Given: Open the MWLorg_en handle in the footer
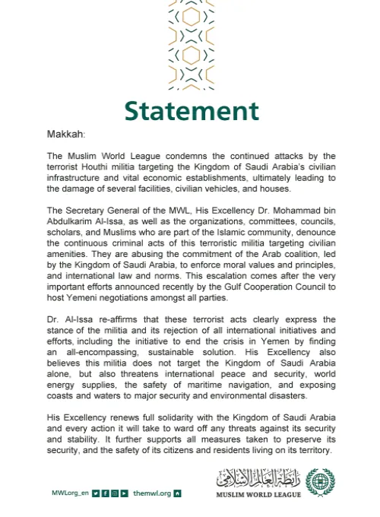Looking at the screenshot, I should (x=71, y=493).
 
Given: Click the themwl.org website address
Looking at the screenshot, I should (x=151, y=493).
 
